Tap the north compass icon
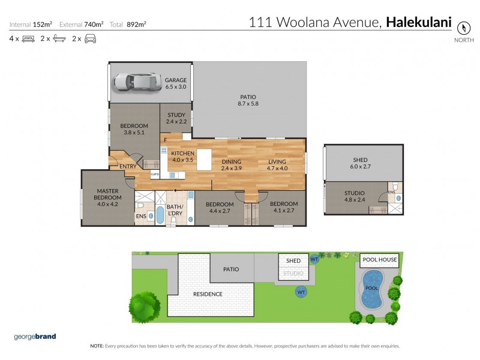pyautogui.click(x=463, y=28)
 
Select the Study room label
pyautogui.click(x=176, y=118)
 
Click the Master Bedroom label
pyautogui.click(x=107, y=197)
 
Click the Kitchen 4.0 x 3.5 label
pyautogui.click(x=182, y=157)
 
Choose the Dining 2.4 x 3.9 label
pyautogui.click(x=231, y=165)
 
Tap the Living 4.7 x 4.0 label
pyautogui.click(x=277, y=165)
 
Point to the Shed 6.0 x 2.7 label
pyautogui.click(x=360, y=164)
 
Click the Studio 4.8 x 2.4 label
pyautogui.click(x=354, y=197)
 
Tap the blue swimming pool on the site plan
pyautogui.click(x=372, y=286)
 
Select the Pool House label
pyautogui.click(x=379, y=260)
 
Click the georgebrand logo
pyautogui.click(x=35, y=336)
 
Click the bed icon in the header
pyautogui.click(x=28, y=39)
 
